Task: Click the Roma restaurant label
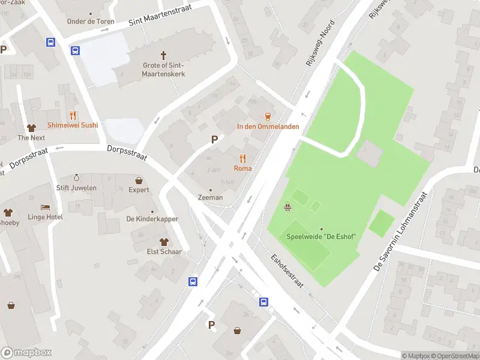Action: [243, 169]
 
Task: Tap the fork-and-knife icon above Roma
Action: [243, 158]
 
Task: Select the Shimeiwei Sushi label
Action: [73, 125]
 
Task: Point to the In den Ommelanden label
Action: [268, 127]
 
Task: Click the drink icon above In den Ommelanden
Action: [268, 116]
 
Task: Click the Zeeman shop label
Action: [211, 197]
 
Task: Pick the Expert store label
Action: [139, 190]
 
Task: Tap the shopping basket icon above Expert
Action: [139, 180]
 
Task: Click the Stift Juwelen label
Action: [76, 188]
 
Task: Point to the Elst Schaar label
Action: [148, 252]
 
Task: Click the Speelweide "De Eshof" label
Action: [322, 238]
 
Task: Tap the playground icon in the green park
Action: [288, 208]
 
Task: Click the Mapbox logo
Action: [26, 353]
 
